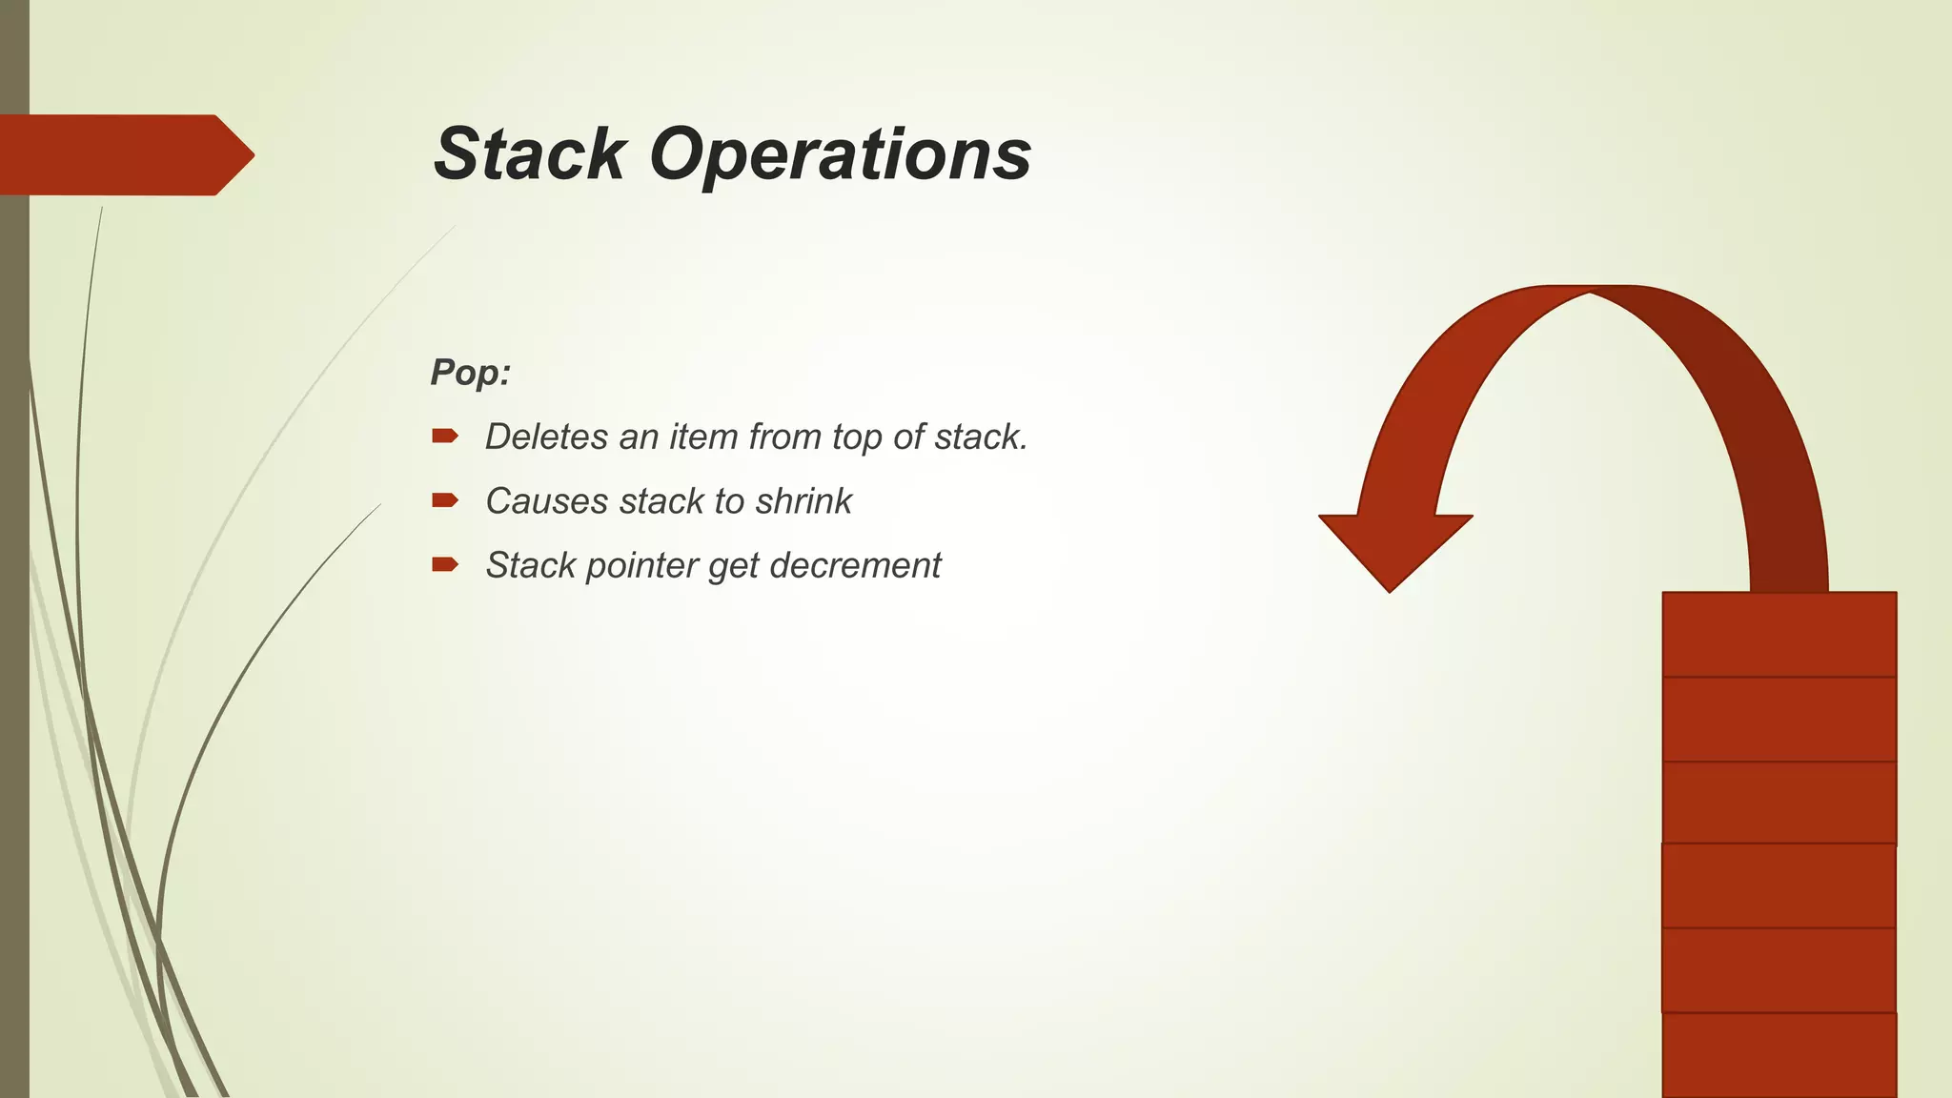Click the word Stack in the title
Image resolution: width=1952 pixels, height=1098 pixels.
pos(530,154)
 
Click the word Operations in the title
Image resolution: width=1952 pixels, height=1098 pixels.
pos(841,154)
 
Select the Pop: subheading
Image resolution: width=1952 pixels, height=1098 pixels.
pos(470,372)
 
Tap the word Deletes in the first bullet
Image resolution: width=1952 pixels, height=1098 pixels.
pos(545,437)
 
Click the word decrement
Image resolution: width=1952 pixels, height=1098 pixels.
pos(855,566)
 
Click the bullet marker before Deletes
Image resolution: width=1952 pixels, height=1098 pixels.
pos(444,437)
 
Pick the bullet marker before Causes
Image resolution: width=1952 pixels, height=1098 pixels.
pos(444,500)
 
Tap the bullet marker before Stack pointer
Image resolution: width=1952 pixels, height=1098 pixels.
pos(444,564)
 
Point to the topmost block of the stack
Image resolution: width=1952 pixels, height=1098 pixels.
pos(1779,634)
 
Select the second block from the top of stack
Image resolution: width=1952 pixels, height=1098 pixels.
pos(1779,719)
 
